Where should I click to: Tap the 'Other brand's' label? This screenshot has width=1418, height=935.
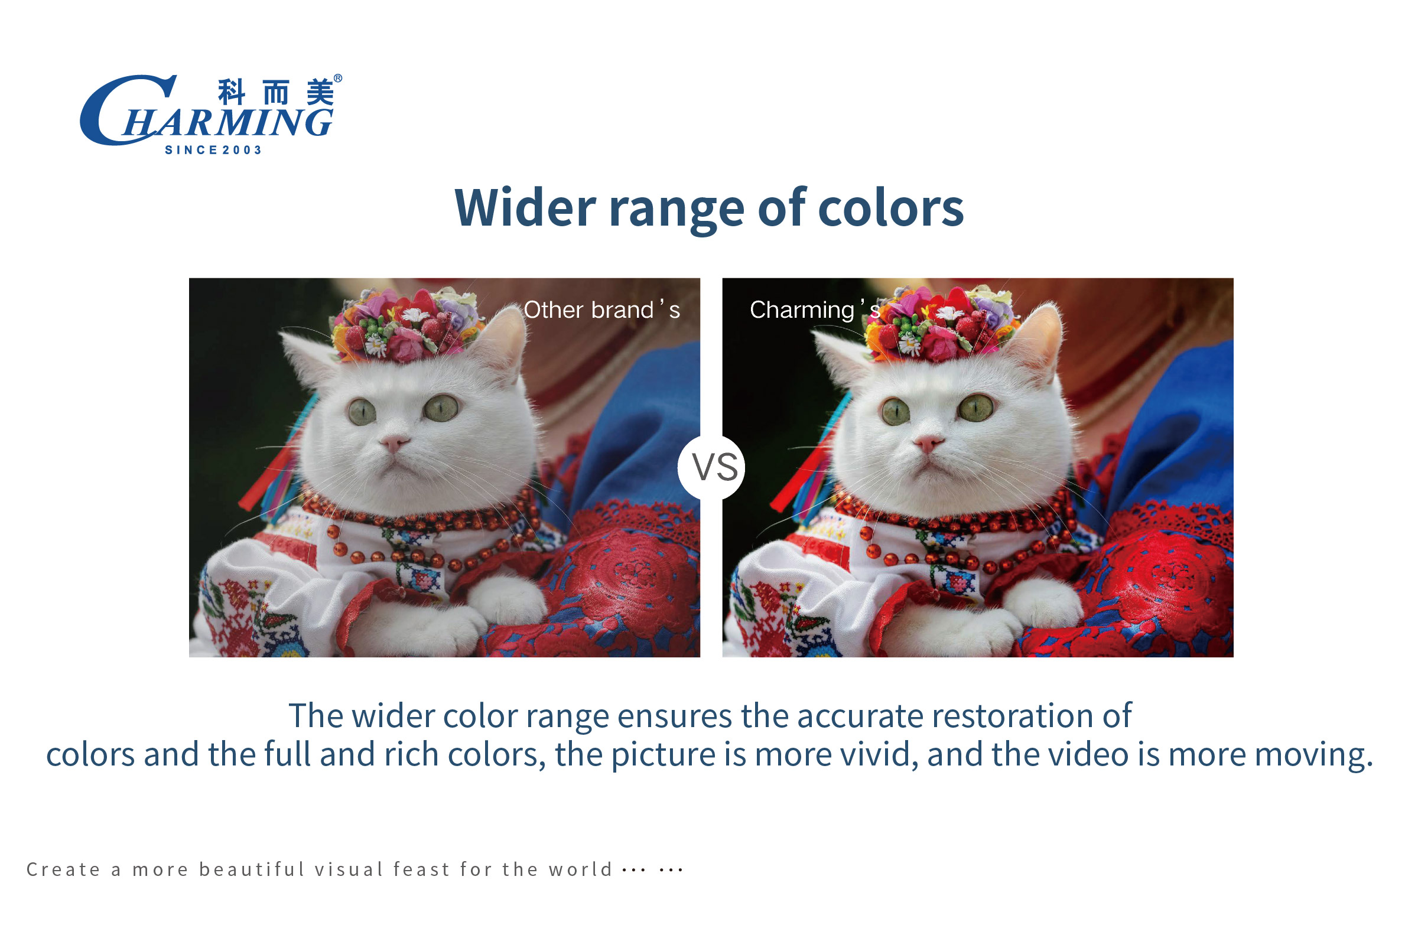point(601,310)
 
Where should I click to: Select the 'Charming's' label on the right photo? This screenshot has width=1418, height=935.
point(815,310)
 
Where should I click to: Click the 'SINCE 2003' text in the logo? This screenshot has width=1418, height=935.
point(213,150)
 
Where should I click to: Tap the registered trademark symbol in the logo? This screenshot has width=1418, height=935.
point(338,78)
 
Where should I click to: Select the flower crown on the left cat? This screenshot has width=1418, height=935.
point(406,325)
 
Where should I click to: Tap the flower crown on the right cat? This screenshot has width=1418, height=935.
point(941,325)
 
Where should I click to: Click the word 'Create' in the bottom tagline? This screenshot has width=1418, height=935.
point(63,869)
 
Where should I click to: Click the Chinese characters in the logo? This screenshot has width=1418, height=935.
point(275,92)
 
